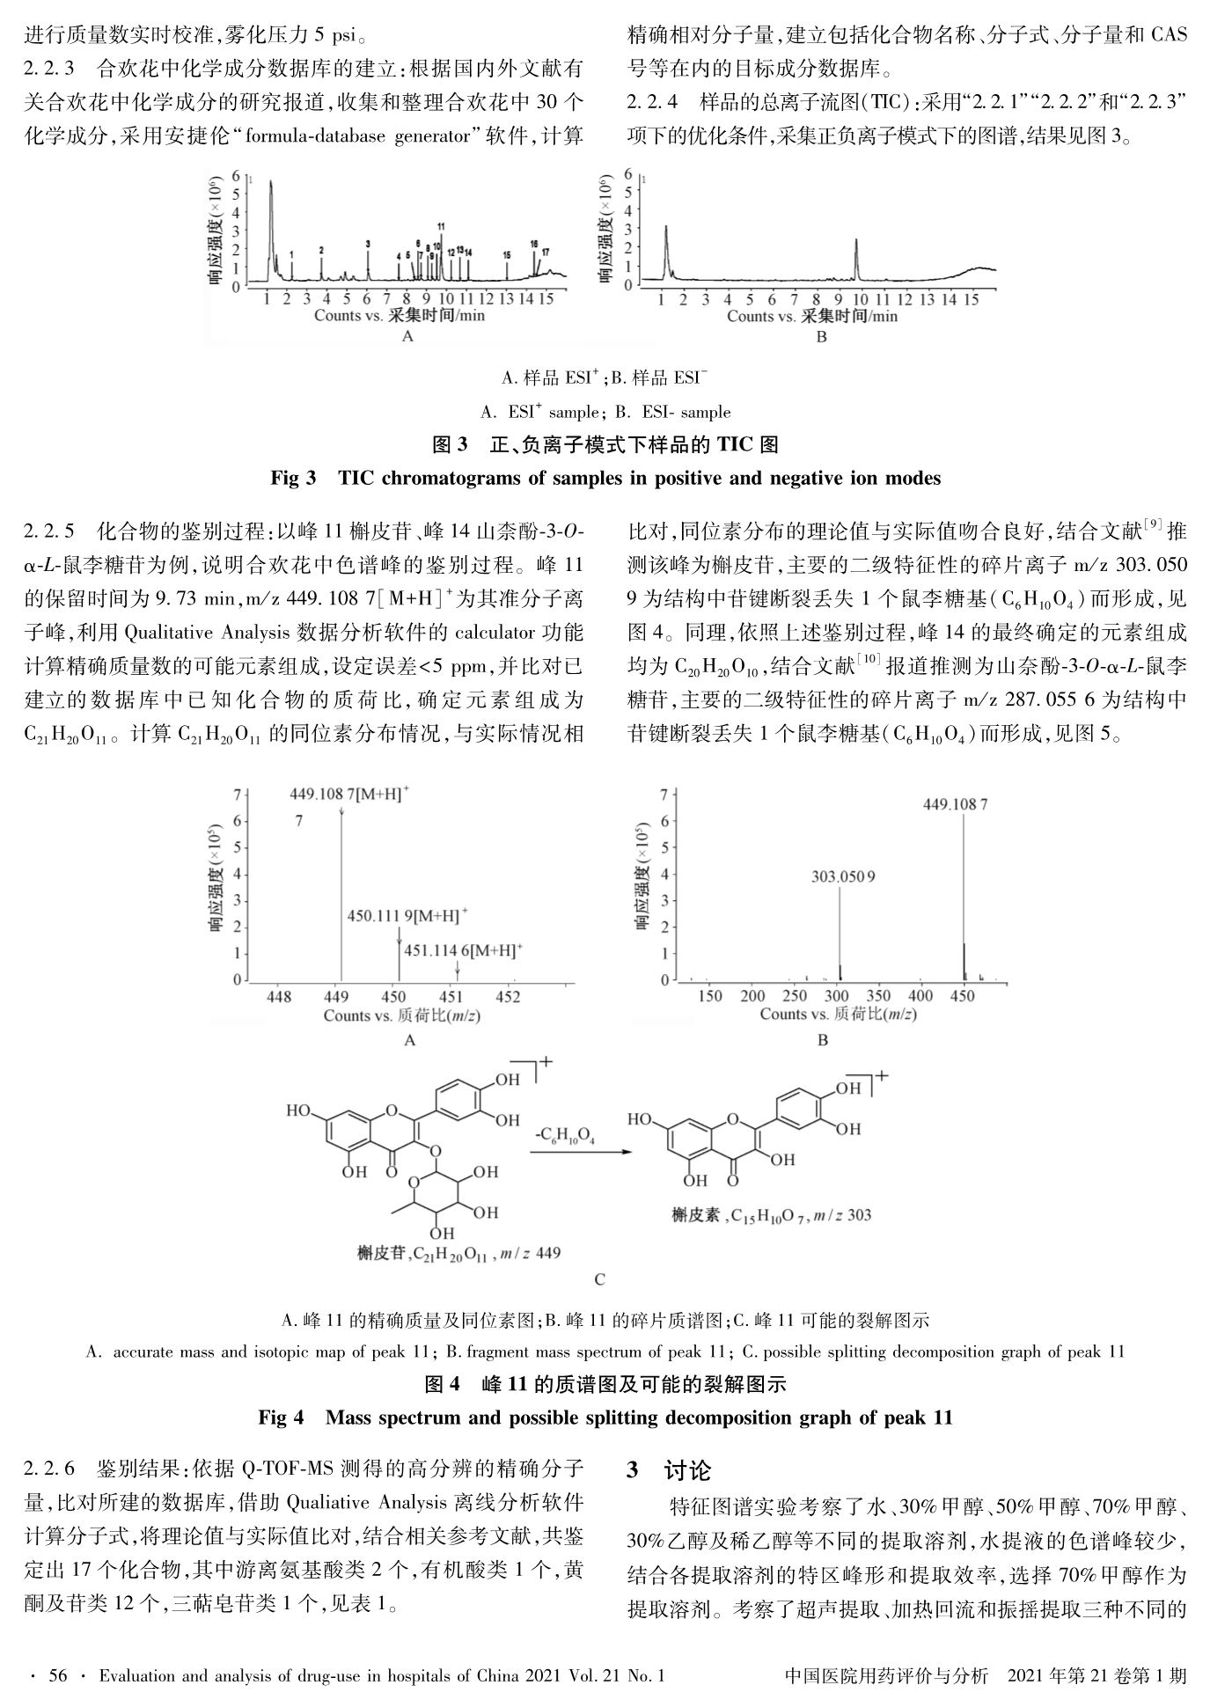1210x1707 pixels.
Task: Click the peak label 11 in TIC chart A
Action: [x=441, y=226]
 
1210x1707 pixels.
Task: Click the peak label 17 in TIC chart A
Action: [x=546, y=253]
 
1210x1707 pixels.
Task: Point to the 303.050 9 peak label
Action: [x=843, y=876]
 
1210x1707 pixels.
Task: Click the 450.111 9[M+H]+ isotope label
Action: [x=407, y=916]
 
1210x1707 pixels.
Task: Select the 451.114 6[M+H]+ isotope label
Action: [x=463, y=950]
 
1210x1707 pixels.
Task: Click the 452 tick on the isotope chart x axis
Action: [x=508, y=997]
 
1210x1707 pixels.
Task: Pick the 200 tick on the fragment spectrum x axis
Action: [x=752, y=996]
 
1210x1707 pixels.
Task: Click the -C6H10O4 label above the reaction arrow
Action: [x=564, y=1139]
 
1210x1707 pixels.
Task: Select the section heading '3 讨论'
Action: [x=668, y=1470]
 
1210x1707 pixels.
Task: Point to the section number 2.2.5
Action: [x=49, y=532]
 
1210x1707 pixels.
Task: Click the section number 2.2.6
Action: [x=49, y=1469]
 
